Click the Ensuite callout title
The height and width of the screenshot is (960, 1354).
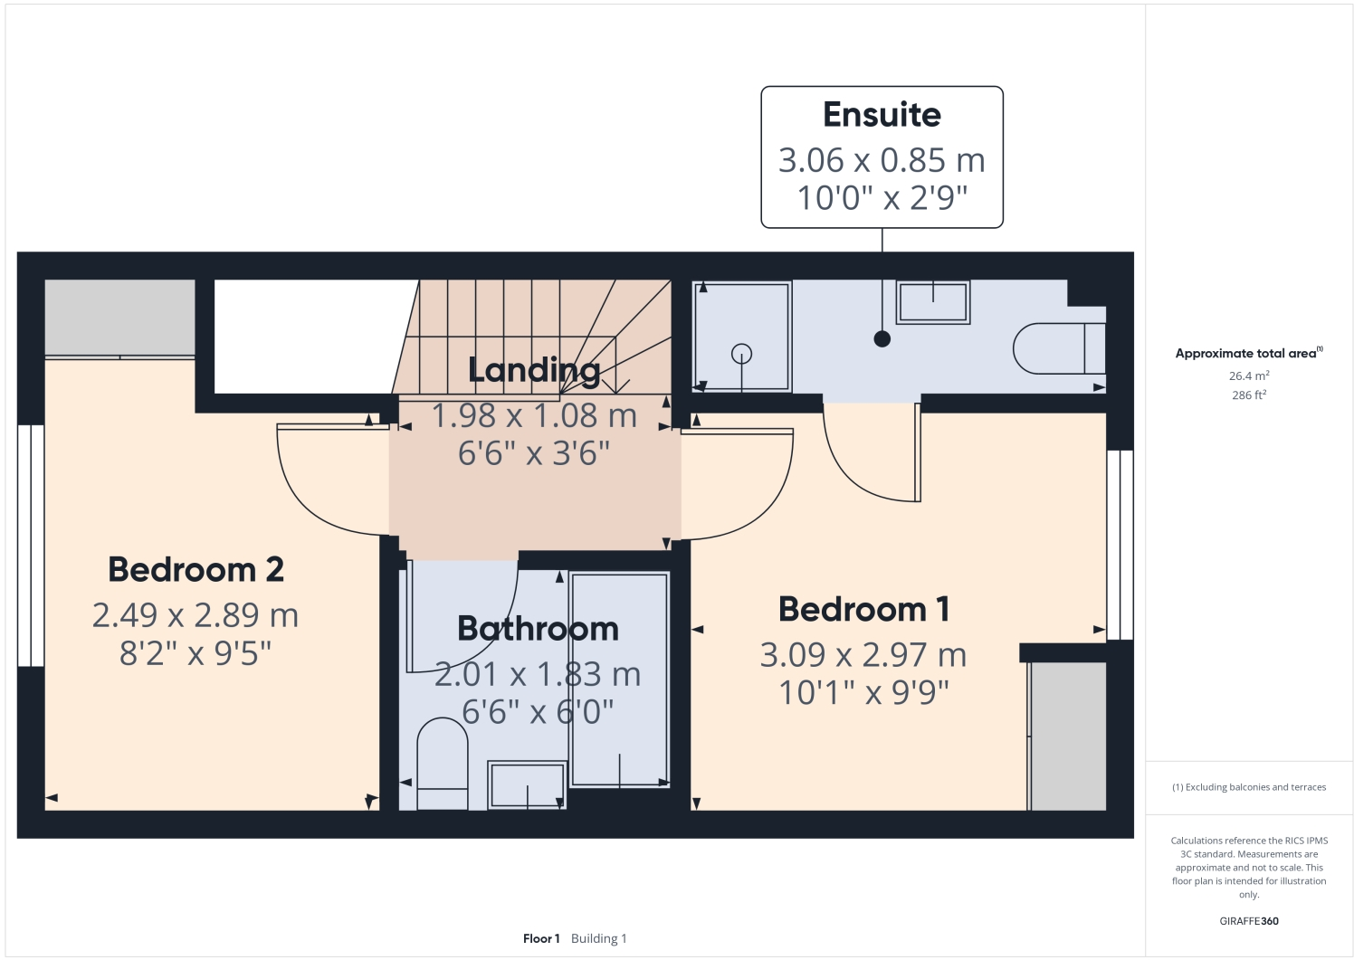(x=882, y=115)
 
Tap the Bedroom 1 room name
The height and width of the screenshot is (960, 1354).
(x=863, y=609)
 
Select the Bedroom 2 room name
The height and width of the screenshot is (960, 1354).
(x=195, y=569)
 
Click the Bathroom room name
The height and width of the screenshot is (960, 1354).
(x=538, y=628)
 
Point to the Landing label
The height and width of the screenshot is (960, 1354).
(x=534, y=369)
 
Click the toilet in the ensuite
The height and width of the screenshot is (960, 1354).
(x=1057, y=348)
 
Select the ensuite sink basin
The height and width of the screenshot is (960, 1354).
(x=933, y=301)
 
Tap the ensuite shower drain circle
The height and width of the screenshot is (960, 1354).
(x=742, y=354)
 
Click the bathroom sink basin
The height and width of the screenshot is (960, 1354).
(x=527, y=784)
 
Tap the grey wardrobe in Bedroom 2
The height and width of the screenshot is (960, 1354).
(x=119, y=317)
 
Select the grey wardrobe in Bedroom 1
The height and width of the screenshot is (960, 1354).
(x=1068, y=736)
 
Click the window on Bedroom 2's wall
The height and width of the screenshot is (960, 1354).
(x=31, y=545)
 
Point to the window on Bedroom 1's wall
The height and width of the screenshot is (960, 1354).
(x=1120, y=544)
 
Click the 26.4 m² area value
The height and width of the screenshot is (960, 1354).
(x=1248, y=375)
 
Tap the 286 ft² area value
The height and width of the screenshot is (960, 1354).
(x=1248, y=395)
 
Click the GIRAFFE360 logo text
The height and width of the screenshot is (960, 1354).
(x=1248, y=921)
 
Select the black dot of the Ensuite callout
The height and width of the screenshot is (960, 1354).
(x=882, y=339)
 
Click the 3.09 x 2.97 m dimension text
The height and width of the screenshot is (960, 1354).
(x=863, y=654)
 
